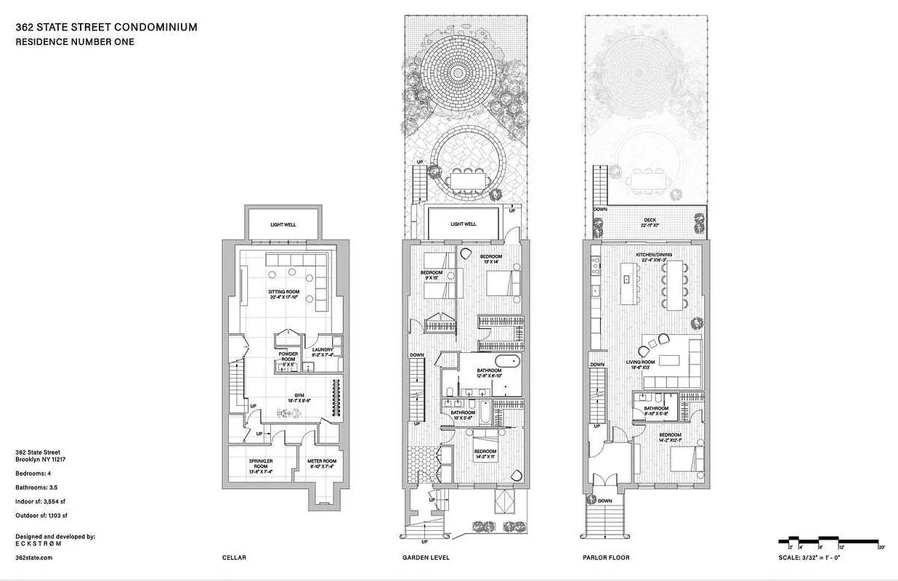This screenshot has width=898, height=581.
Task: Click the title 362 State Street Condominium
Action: pyautogui.click(x=106, y=28)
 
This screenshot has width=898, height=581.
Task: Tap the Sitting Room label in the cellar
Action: pyautogui.click(x=284, y=294)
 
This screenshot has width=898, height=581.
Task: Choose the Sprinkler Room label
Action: pyautogui.click(x=260, y=464)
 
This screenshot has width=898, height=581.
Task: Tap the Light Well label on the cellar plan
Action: pyautogui.click(x=283, y=225)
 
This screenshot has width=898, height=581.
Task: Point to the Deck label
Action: pyautogui.click(x=650, y=222)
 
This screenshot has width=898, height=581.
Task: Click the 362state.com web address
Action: pyautogui.click(x=33, y=557)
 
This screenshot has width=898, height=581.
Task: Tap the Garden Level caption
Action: pyautogui.click(x=426, y=558)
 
